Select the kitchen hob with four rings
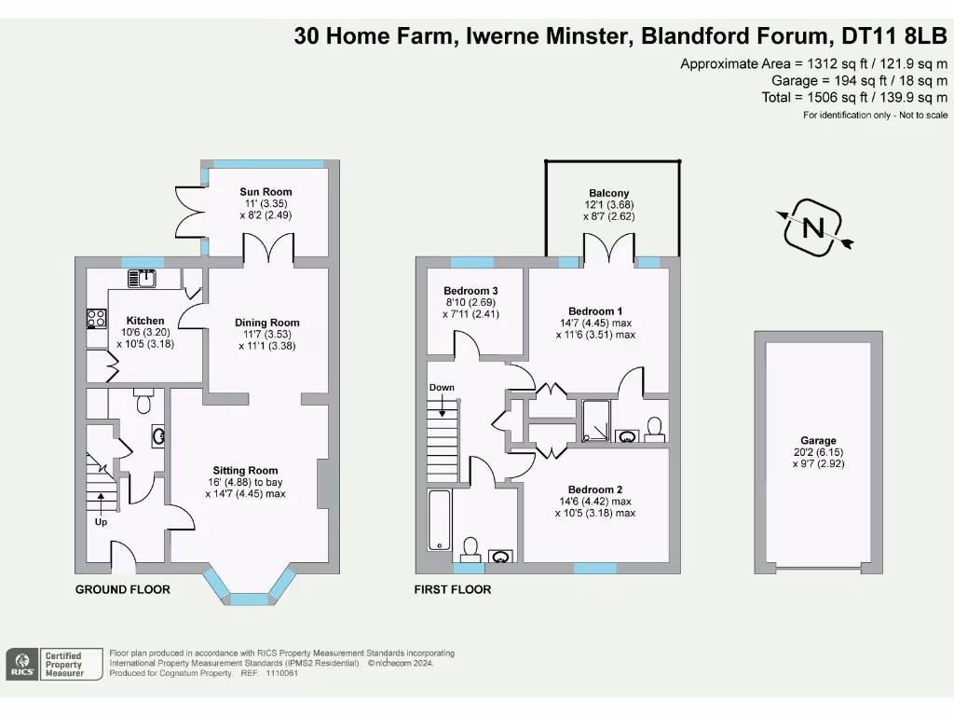click(96, 318)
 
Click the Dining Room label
click(266, 323)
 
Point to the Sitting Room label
click(245, 470)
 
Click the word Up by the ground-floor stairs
click(101, 521)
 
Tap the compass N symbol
click(814, 227)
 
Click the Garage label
click(817, 440)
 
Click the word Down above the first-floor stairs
click(442, 387)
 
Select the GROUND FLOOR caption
click(122, 589)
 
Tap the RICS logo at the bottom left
click(20, 663)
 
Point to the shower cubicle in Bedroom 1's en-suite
click(594, 420)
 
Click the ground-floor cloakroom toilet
click(143, 402)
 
